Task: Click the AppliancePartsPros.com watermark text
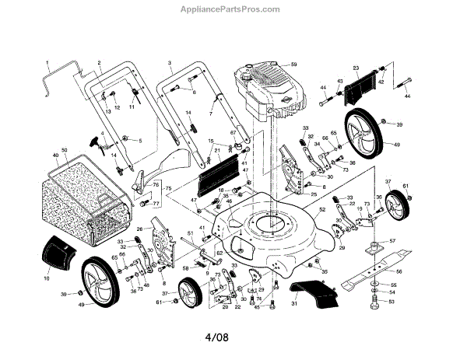(233, 9)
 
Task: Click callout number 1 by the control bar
(47, 62)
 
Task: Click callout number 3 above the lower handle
(169, 61)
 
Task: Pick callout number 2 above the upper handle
(100, 62)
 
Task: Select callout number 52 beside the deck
(322, 210)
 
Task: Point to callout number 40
(55, 155)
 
